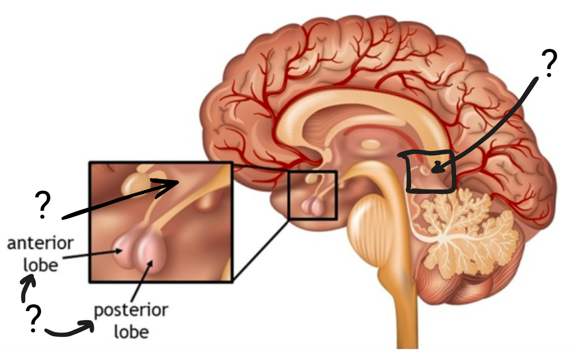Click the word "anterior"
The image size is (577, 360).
pyautogui.click(x=40, y=243)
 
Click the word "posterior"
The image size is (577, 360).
pyautogui.click(x=131, y=311)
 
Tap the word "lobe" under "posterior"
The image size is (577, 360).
pyautogui.click(x=132, y=332)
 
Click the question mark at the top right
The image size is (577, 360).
pyautogui.click(x=549, y=63)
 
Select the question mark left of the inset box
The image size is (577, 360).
pyautogui.click(x=43, y=205)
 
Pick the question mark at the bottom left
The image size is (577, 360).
pyautogui.click(x=34, y=319)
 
